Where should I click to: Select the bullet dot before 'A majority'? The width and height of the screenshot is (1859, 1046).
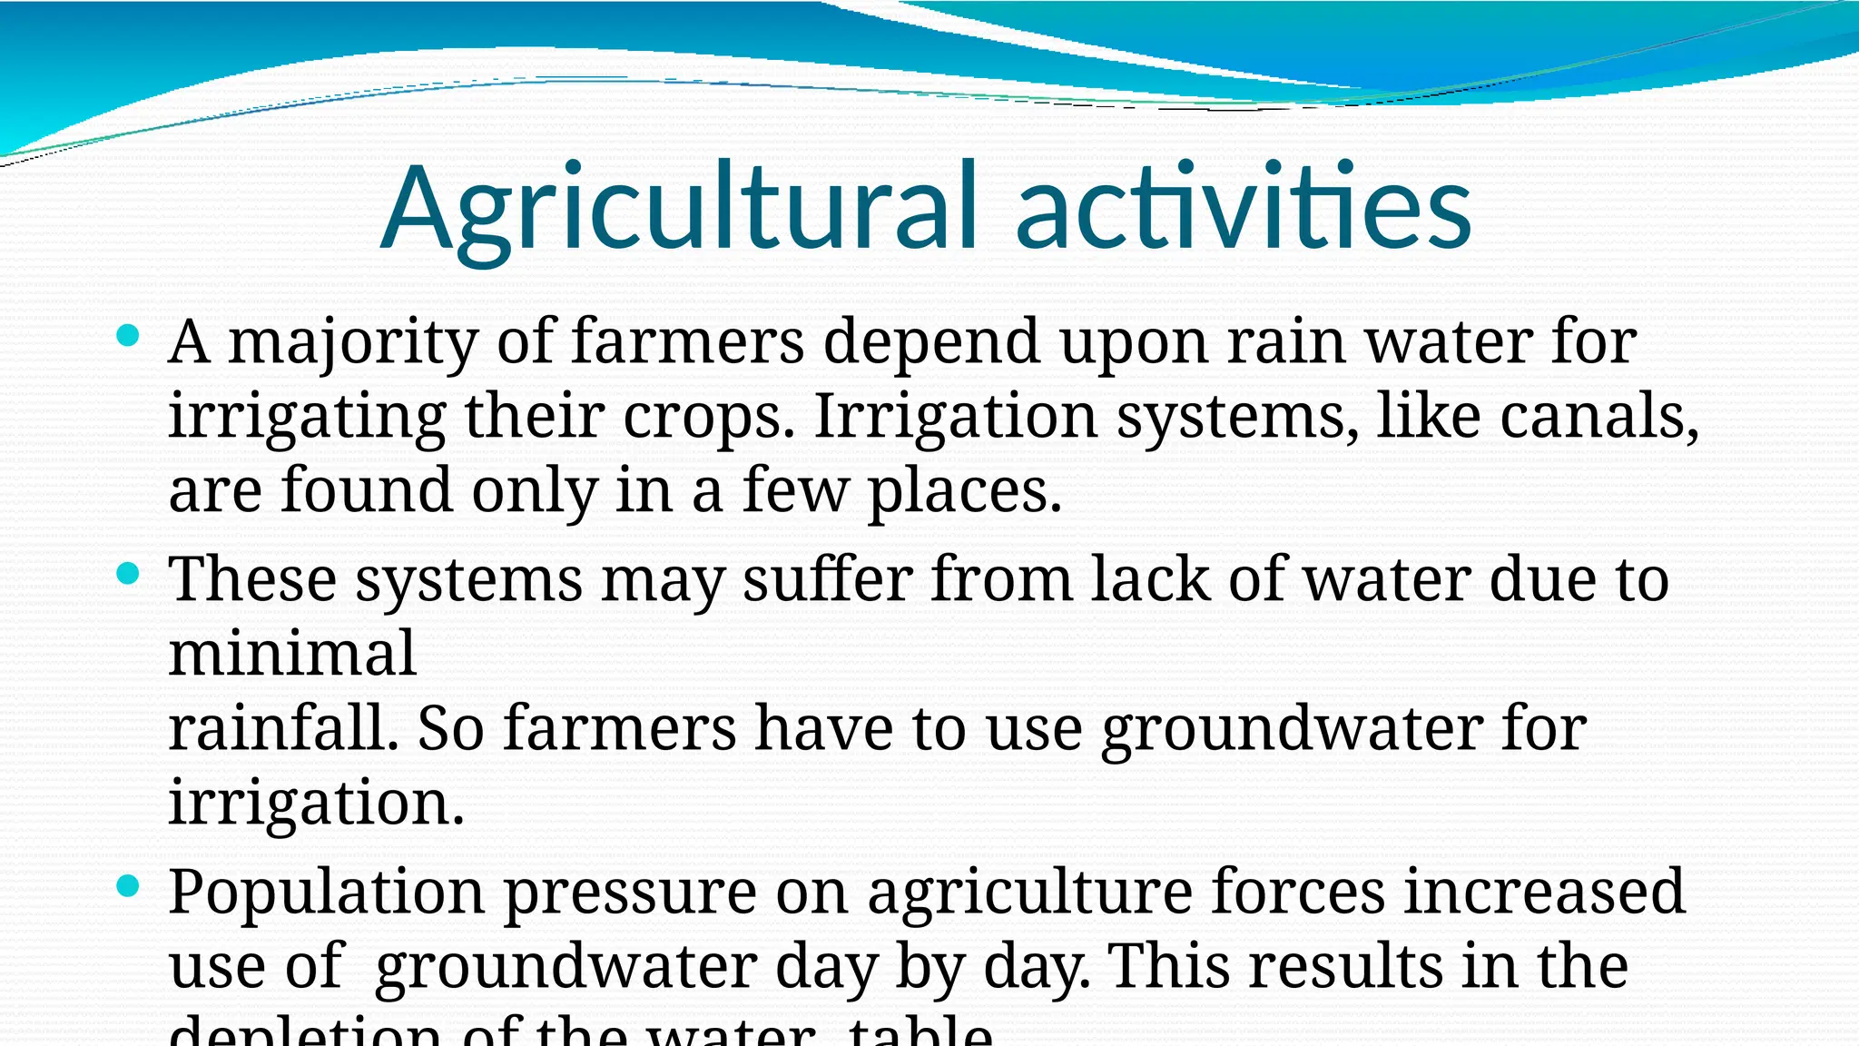coord(128,336)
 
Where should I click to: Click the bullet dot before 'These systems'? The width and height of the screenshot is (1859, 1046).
coord(128,574)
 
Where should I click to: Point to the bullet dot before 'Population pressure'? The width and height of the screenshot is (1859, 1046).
coord(128,886)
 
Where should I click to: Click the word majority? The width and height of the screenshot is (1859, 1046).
coord(352,343)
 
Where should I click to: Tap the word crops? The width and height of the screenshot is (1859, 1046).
coord(708,417)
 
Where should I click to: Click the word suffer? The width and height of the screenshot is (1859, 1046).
coord(828,579)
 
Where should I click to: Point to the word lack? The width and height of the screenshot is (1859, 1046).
coord(1150,579)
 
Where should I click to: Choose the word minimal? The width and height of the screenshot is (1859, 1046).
coord(292,654)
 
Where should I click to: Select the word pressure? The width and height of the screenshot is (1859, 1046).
coord(630,893)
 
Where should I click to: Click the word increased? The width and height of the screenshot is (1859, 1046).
coord(1545,893)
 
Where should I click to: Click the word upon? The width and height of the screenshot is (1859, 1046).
coord(1134,343)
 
